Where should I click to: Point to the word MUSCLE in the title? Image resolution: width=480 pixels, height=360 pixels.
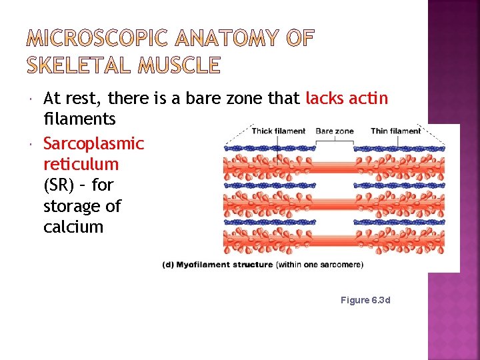180,65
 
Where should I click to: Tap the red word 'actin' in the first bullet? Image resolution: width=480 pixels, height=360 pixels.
369,99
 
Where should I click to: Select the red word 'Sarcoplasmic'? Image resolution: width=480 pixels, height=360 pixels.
93,143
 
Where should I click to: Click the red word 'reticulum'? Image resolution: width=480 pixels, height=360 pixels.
81,164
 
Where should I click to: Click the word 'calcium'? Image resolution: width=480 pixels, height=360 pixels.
73,227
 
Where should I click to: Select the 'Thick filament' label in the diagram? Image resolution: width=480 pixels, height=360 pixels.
278,131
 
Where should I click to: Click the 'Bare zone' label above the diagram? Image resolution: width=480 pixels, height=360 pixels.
334,131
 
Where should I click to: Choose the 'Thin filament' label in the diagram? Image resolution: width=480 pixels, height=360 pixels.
396,131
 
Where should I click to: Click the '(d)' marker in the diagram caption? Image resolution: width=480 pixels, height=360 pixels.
169,265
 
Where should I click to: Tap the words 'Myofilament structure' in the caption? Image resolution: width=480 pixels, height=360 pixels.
226,265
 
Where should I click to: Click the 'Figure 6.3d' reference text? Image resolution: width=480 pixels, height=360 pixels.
365,300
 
